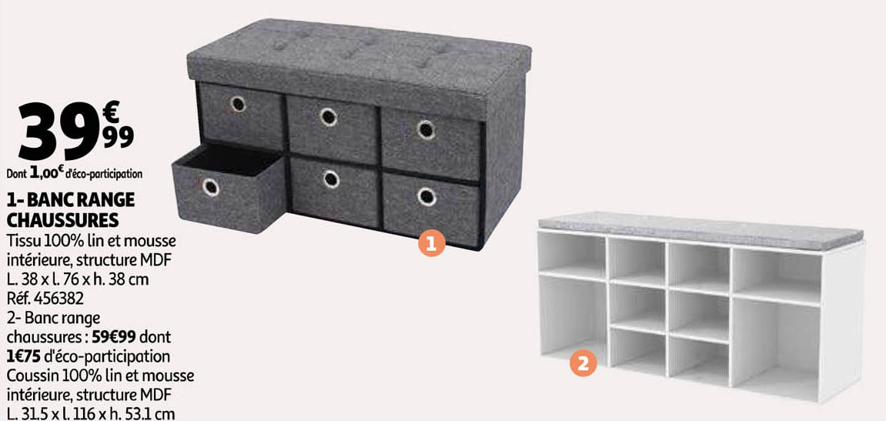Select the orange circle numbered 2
[583, 364]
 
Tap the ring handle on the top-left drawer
[238, 103]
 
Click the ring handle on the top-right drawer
[426, 130]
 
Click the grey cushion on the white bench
[700, 230]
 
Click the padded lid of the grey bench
[359, 63]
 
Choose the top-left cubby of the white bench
[571, 255]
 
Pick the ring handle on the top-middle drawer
[328, 117]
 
